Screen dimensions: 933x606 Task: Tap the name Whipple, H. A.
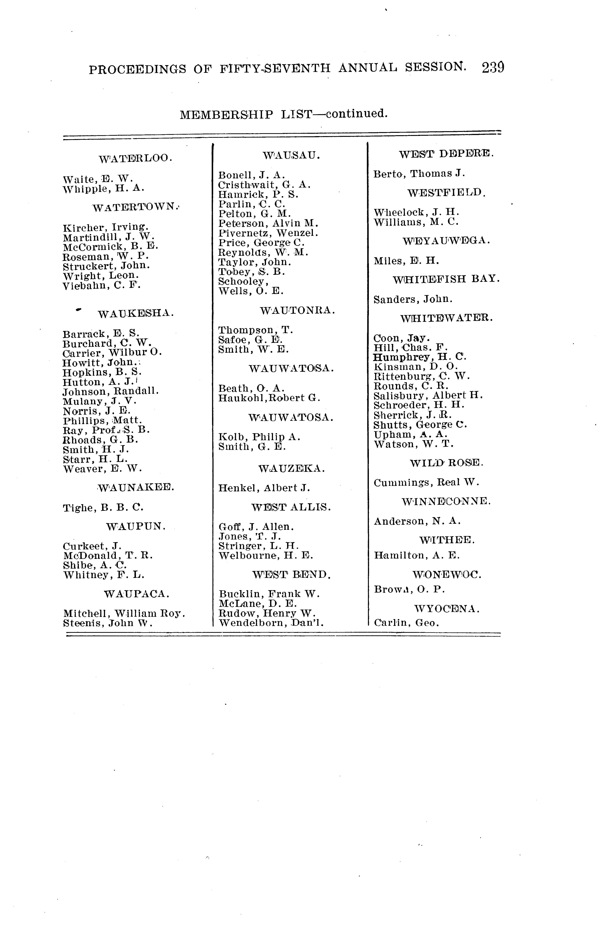(104, 188)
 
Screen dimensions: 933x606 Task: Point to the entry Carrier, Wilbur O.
(112, 352)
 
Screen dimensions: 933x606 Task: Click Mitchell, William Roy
(124, 613)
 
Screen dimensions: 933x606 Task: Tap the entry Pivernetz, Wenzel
(268, 233)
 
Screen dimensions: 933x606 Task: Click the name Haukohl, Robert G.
(269, 398)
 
